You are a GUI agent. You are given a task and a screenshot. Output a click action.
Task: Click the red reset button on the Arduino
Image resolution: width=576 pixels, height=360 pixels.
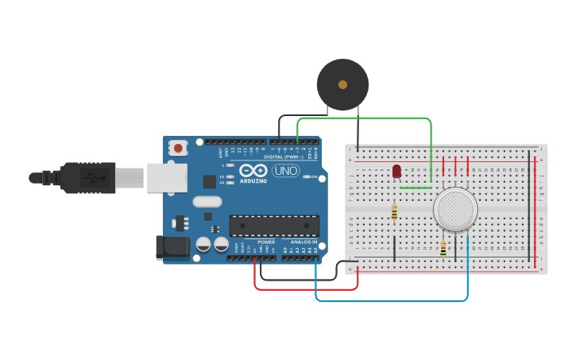[x=179, y=148]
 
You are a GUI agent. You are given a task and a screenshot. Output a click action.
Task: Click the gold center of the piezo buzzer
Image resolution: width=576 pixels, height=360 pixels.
[x=342, y=84]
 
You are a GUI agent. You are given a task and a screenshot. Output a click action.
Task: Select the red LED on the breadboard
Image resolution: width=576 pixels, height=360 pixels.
[x=396, y=171]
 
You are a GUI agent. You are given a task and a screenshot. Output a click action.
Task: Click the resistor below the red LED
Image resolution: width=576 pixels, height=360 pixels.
[x=394, y=212]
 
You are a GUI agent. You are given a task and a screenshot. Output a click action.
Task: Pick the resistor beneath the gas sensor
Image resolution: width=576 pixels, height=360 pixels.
[x=443, y=249]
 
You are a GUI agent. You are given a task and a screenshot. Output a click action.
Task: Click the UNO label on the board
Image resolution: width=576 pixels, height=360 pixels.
[x=285, y=171]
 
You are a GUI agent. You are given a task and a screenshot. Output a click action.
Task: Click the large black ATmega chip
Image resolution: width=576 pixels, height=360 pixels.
[x=274, y=226]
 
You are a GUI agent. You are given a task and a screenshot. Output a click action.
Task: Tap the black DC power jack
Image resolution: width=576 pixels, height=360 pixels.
[x=172, y=247]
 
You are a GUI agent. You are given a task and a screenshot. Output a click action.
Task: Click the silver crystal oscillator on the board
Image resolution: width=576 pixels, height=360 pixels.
[x=207, y=202]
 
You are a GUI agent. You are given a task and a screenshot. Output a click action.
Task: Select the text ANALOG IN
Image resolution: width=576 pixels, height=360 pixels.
[x=303, y=242]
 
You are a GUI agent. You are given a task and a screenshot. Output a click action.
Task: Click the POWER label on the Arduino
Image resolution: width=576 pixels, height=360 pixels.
[x=266, y=242]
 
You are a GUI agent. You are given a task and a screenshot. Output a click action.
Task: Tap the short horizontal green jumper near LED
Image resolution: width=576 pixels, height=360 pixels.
[x=416, y=188]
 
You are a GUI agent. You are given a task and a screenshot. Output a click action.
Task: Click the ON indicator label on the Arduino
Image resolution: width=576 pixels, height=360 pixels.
[x=314, y=176]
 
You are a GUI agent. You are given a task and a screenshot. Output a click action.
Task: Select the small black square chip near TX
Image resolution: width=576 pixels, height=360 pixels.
[x=209, y=181]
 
